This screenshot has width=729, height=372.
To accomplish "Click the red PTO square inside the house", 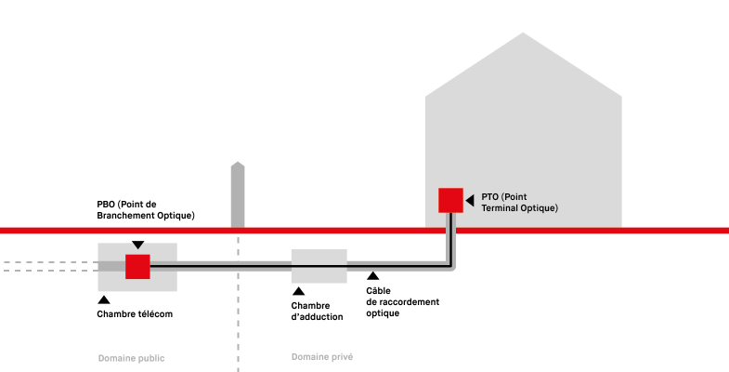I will click(x=450, y=200).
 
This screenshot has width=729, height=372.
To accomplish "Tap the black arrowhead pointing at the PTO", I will click(x=470, y=200).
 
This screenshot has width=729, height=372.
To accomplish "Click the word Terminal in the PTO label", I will click(x=502, y=208).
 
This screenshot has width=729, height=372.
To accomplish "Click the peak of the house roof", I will click(x=523, y=33).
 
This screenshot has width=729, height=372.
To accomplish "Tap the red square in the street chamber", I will click(x=137, y=267).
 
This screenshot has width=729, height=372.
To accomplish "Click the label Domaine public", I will click(x=131, y=358).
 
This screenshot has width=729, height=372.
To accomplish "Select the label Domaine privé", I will click(x=321, y=357).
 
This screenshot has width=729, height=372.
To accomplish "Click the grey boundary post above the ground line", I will click(x=238, y=197).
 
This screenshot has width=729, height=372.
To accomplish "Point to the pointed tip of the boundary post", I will click(x=238, y=163).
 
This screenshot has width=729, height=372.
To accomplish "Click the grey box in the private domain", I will click(x=319, y=266).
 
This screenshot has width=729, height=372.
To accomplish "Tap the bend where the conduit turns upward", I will click(x=451, y=267).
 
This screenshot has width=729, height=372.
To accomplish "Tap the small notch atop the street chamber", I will click(x=137, y=247).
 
